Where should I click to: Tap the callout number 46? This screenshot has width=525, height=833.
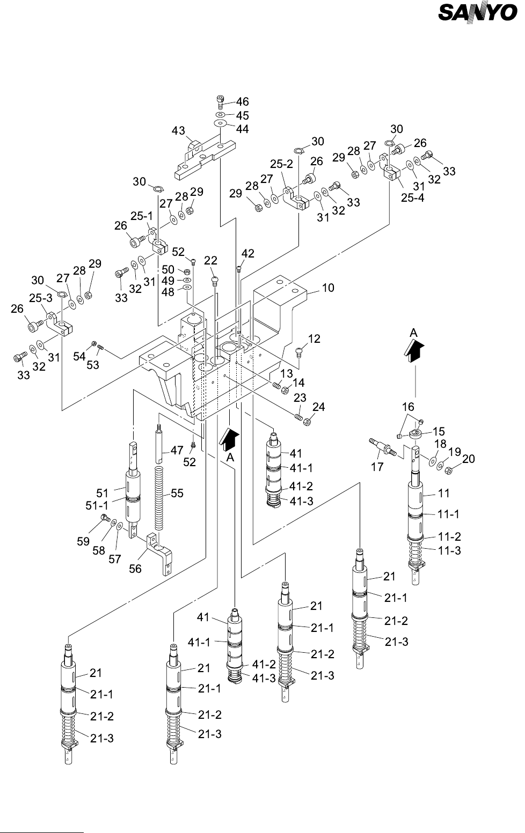tap(243, 101)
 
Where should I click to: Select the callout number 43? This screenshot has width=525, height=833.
tap(179, 130)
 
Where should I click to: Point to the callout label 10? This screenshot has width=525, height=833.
tap(328, 288)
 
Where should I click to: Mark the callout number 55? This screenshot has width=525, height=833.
tap(177, 493)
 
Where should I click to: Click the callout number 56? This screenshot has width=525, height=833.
tap(135, 569)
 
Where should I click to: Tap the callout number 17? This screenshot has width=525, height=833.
tap(377, 467)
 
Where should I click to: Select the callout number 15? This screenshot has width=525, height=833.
tap(439, 430)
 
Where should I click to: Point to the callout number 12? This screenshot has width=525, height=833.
tap(314, 339)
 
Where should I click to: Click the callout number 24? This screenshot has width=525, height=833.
tap(318, 407)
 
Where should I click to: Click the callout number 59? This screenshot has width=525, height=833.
tap(83, 542)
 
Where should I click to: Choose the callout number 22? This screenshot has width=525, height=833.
tap(210, 260)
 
